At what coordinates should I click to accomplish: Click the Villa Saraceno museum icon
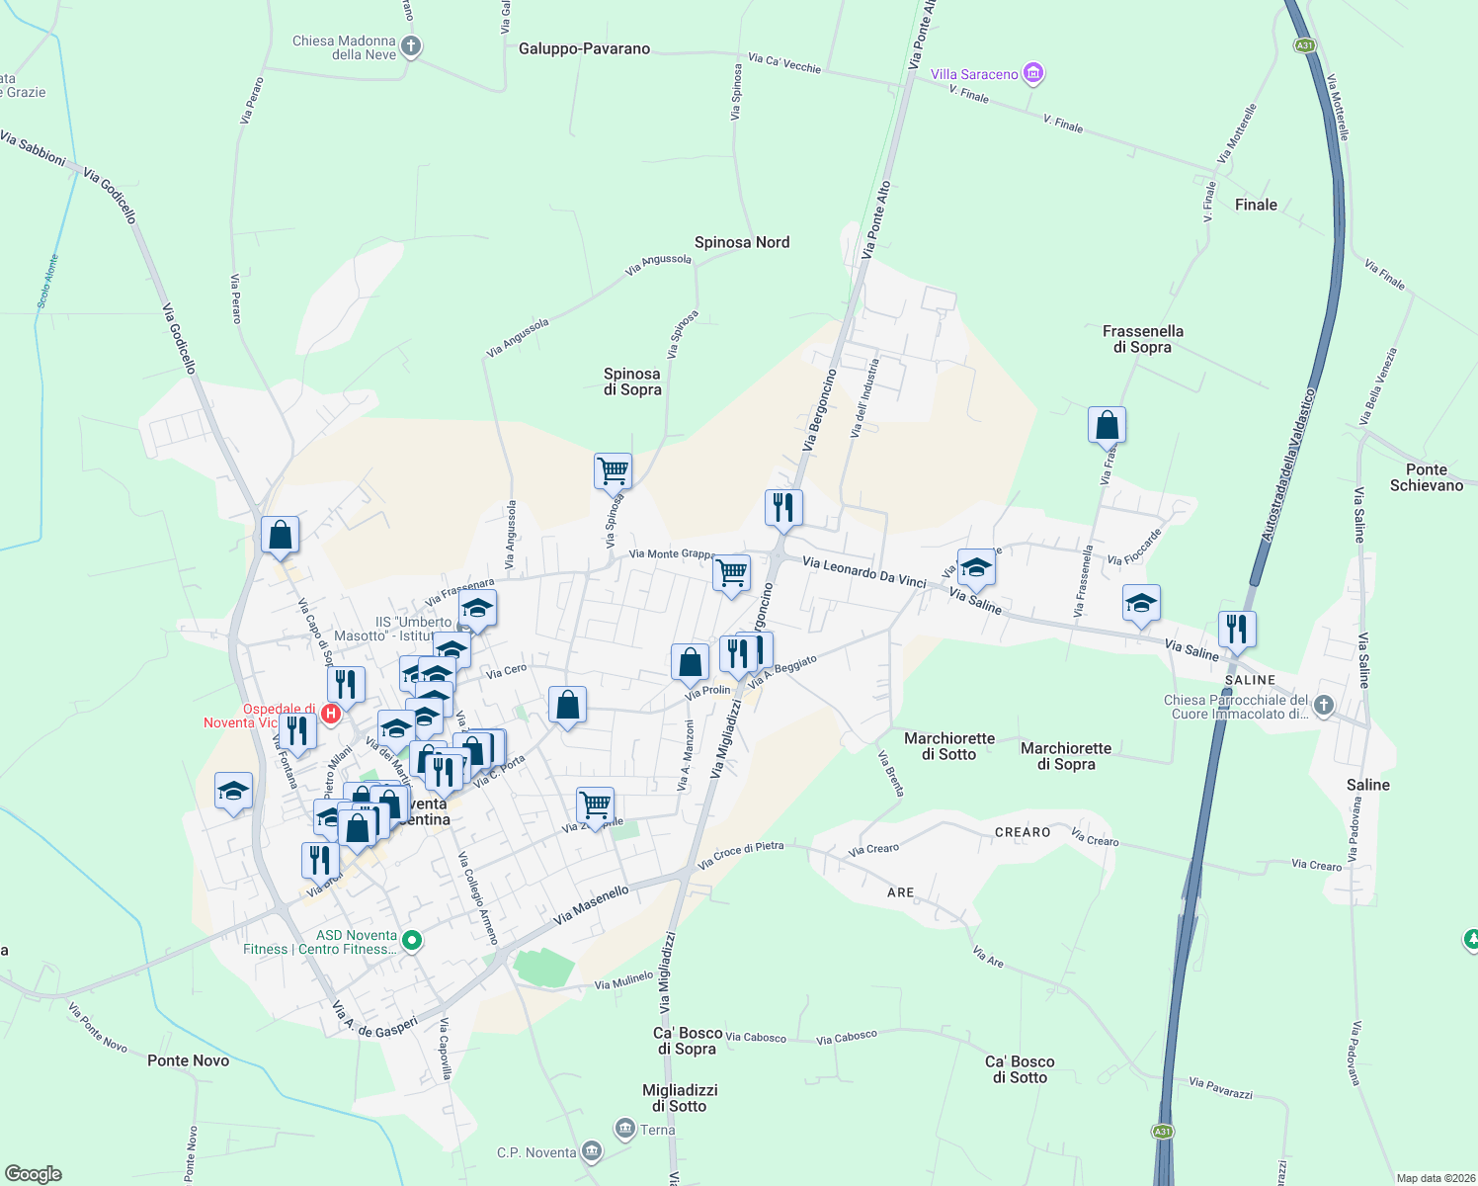click(x=1033, y=73)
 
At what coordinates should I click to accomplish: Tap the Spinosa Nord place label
click(x=742, y=242)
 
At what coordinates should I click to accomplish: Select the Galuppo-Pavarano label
click(x=584, y=48)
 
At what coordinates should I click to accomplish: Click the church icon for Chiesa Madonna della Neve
click(x=411, y=46)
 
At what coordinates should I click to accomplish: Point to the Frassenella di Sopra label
click(x=1142, y=339)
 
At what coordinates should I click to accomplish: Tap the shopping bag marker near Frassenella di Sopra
click(x=1107, y=426)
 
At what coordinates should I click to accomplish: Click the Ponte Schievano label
click(x=1426, y=477)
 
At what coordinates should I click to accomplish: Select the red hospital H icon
click(x=331, y=713)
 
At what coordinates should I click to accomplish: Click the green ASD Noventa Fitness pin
click(x=413, y=941)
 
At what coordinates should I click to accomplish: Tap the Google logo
click(x=33, y=1174)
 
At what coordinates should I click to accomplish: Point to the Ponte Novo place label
click(x=188, y=1060)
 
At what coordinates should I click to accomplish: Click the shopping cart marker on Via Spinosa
click(x=613, y=470)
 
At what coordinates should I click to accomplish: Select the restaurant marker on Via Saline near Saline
click(x=1236, y=628)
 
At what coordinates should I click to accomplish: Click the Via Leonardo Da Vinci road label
click(x=864, y=572)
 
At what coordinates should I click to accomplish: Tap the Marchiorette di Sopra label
click(x=1066, y=756)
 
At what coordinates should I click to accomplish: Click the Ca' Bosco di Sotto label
click(x=1020, y=1069)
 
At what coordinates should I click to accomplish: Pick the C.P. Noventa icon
click(x=591, y=1151)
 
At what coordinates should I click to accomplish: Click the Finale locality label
click(x=1256, y=205)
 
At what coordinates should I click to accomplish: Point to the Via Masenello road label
click(x=591, y=905)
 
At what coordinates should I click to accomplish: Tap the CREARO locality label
click(x=1023, y=832)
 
